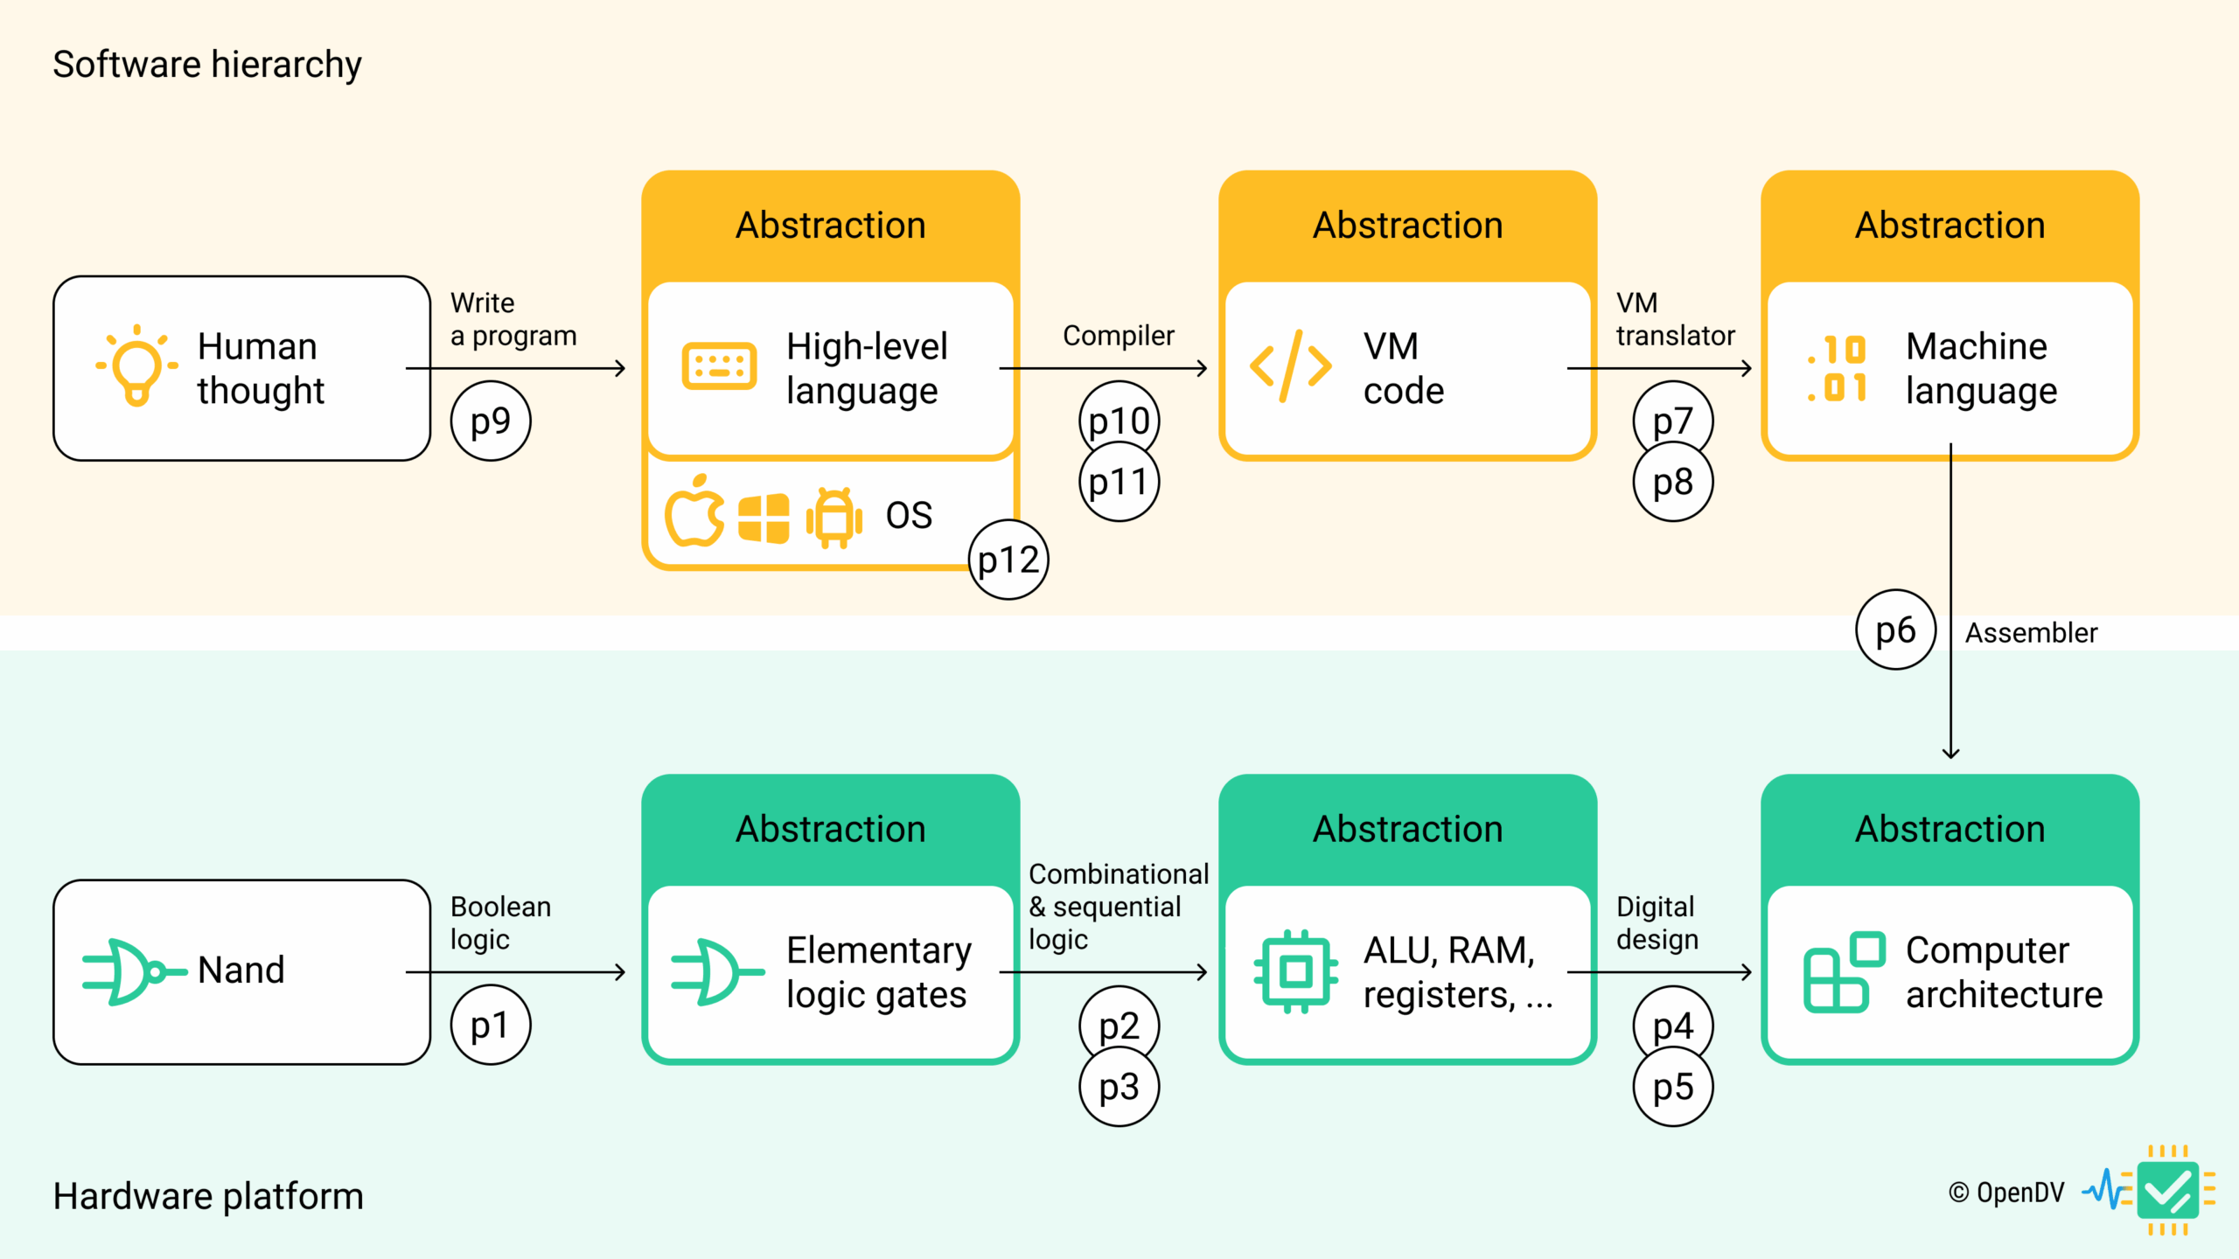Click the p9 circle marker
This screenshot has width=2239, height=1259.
[491, 421]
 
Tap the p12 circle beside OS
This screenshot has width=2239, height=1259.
[1008, 560]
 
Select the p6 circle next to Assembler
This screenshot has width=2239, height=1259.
[1895, 630]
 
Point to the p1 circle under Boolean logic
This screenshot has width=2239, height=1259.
[491, 1025]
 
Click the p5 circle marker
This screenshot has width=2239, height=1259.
[1673, 1087]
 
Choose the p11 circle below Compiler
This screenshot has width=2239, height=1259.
[1119, 482]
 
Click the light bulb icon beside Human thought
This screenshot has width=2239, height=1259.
[136, 365]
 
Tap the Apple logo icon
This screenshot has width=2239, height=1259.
[694, 512]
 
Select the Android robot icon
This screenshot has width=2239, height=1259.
[834, 517]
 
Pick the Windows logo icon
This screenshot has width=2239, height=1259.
[764, 518]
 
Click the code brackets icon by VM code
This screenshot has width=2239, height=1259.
[1290, 366]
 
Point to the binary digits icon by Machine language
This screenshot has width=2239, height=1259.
[1838, 368]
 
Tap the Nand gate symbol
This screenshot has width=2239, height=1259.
[133, 971]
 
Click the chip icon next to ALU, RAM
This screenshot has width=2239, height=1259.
[1295, 971]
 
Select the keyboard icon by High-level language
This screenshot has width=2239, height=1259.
[718, 366]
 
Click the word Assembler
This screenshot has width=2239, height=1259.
[2031, 633]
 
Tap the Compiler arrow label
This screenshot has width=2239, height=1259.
[1118, 336]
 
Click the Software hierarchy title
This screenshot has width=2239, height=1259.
[207, 65]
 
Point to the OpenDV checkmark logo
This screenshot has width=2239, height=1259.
[2167, 1191]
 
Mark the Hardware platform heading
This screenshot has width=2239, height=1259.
[208, 1196]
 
